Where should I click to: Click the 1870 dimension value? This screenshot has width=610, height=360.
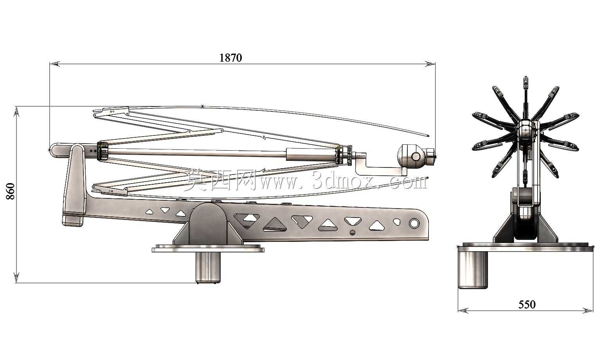point(230,58)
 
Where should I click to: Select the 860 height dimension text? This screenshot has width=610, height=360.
point(10,191)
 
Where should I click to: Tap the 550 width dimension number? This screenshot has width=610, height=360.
point(527,304)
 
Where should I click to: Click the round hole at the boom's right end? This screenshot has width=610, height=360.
point(414,223)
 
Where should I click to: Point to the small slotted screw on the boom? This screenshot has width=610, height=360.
point(353,232)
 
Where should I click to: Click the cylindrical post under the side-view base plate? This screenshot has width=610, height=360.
point(208,267)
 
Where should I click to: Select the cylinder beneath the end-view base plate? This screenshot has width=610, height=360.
point(473,270)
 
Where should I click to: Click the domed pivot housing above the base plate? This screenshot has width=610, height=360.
point(208,223)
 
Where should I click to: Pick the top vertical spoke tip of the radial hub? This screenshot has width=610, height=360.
point(526,79)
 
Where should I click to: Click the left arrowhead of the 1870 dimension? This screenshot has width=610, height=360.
point(55,64)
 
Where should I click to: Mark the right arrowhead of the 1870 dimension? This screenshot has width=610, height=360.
point(430,64)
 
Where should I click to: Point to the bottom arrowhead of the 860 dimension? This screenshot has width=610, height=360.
point(16,277)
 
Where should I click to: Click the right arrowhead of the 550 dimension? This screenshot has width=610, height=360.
point(588,310)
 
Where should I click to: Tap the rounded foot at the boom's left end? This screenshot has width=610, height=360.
point(73,221)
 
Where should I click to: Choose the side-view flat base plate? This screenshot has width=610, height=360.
point(208,248)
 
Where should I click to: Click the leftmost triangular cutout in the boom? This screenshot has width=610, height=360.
point(149,211)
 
